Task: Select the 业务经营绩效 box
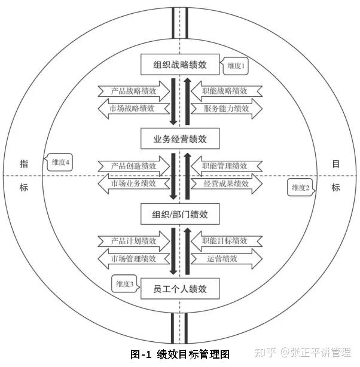(180, 139)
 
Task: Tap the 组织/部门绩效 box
(180, 213)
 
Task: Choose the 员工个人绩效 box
(180, 289)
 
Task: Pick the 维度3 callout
(124, 284)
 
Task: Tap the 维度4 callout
(60, 162)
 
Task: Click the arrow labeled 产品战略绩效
(133, 91)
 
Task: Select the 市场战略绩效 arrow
(133, 108)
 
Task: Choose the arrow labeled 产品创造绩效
(133, 166)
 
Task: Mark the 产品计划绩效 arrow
(133, 241)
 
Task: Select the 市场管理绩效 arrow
(133, 258)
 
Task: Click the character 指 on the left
(24, 164)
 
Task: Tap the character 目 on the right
(336, 164)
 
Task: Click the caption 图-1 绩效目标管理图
(180, 354)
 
